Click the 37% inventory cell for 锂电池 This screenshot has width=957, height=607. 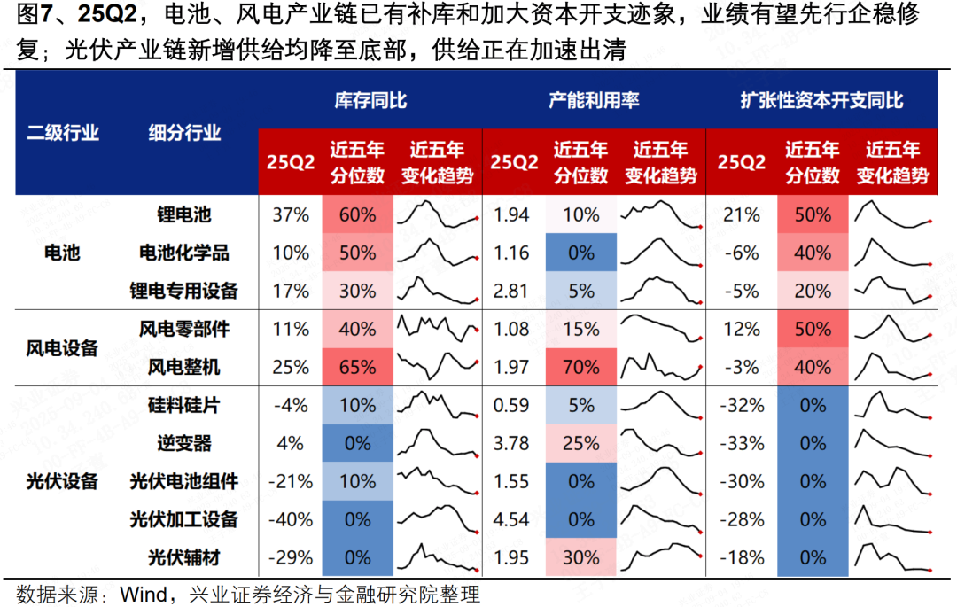tap(291, 214)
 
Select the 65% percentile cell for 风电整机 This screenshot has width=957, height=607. tap(357, 367)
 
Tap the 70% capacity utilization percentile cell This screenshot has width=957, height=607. tap(580, 367)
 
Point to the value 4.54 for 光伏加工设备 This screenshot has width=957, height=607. tap(510, 519)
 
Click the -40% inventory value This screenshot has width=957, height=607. tap(291, 519)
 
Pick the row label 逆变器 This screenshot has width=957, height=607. tap(184, 443)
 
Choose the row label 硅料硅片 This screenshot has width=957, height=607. tap(184, 405)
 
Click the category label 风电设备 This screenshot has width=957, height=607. tap(62, 348)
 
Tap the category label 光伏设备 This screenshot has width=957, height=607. tap(62, 481)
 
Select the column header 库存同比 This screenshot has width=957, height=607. tap(370, 100)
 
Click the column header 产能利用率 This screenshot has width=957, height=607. tap(594, 100)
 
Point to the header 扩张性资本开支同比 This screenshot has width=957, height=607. tap(821, 100)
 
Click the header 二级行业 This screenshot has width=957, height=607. tap(62, 133)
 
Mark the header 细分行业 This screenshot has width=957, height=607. tap(184, 133)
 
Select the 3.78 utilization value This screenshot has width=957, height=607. tap(510, 443)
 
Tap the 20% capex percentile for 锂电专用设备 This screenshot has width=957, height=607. tap(812, 291)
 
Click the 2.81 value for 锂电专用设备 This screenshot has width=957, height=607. tap(510, 291)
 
